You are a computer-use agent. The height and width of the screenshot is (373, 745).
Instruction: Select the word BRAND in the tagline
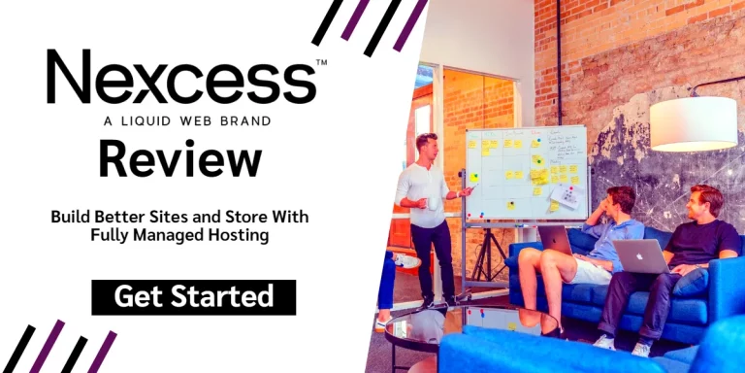pyautogui.click(x=243, y=121)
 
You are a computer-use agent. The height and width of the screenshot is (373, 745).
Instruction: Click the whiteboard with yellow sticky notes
pyautogui.click(x=525, y=171)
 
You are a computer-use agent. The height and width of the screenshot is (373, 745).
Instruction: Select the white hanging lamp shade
pyautogui.click(x=694, y=123)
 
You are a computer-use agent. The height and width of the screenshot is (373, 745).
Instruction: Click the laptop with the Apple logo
pyautogui.click(x=640, y=255)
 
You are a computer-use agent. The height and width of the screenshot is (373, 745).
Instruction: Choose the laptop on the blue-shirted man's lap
pyautogui.click(x=555, y=240)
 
